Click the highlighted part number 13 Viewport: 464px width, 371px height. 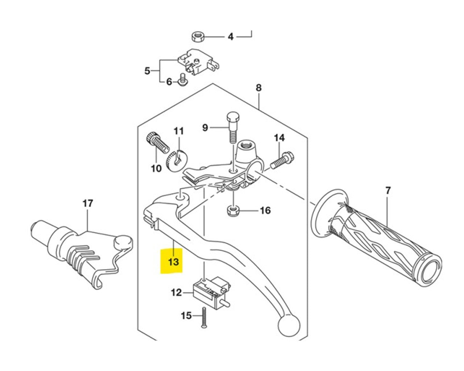tap(173, 261)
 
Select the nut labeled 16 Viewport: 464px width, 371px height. tap(232, 210)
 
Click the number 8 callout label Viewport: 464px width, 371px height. tap(258, 88)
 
